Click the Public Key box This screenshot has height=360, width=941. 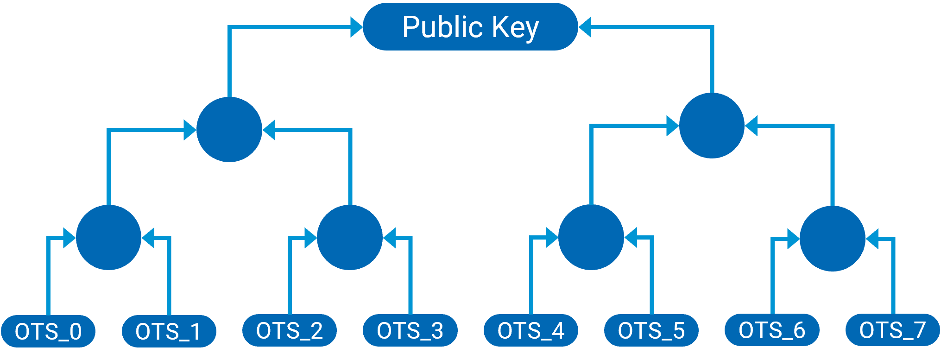point(470,27)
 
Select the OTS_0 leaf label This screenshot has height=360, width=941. point(48,331)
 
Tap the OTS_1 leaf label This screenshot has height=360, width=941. point(169,331)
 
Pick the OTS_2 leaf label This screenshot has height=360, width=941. point(289,330)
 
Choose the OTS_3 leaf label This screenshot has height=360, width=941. point(410,330)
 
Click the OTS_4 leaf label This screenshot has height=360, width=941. point(530,330)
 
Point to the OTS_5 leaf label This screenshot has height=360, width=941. point(651,330)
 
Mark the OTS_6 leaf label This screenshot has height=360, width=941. point(772,330)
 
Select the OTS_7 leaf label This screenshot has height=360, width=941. point(892,330)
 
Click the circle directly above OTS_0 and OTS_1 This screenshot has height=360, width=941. point(108,237)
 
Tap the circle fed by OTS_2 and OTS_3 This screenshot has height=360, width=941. point(350,237)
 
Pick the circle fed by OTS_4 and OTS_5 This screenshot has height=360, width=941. point(591,237)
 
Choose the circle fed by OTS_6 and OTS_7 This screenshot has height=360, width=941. point(833,238)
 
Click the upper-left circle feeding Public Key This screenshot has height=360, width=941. point(229,129)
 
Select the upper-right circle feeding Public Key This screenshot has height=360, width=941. point(712,126)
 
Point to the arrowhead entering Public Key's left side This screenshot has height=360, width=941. point(356,27)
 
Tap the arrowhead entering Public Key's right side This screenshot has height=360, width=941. point(585,27)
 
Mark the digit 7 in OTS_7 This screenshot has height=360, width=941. point(917,330)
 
